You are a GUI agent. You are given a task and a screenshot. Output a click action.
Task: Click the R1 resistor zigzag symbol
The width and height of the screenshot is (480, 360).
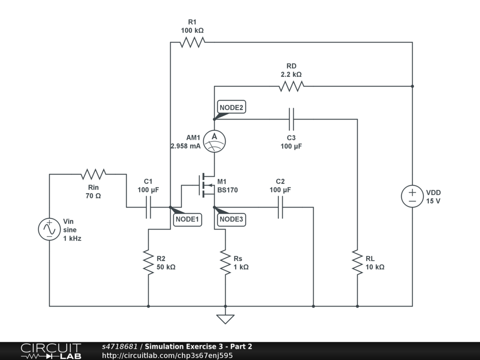[x=192, y=42]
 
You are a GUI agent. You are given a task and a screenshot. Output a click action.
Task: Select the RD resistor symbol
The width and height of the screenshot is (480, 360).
[x=292, y=86]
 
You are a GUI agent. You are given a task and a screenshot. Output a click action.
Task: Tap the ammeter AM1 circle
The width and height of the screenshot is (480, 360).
[x=214, y=141]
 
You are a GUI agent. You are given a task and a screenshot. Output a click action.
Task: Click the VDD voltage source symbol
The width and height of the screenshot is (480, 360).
[x=412, y=196]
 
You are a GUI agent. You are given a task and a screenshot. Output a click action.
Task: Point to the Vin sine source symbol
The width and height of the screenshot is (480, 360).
[x=49, y=229]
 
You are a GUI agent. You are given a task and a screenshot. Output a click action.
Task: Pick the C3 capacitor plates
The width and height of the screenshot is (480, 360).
[x=292, y=119]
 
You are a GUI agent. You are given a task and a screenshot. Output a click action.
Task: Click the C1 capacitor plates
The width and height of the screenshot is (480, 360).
[x=148, y=207]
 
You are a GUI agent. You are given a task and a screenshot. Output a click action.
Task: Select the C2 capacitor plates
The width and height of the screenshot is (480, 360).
[x=280, y=207]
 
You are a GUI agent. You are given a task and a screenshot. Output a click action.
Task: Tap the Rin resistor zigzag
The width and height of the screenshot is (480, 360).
[x=93, y=174]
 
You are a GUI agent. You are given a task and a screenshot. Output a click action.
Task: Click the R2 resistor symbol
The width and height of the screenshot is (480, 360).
[x=148, y=262]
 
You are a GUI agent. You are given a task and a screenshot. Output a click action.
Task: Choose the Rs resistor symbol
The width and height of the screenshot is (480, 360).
[x=225, y=262]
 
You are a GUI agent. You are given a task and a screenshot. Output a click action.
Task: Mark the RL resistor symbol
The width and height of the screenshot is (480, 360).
[x=357, y=262]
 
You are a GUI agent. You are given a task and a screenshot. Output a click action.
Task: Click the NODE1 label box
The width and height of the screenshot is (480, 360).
[x=187, y=219]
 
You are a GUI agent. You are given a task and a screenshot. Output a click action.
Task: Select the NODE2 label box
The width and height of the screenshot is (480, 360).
[x=232, y=107]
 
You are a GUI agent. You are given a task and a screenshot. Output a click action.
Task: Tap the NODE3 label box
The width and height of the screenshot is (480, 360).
[x=232, y=219]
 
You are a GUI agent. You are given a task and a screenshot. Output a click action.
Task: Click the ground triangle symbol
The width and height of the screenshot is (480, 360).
[x=225, y=319]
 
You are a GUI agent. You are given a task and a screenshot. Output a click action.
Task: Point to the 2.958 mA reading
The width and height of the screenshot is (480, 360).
[x=186, y=146]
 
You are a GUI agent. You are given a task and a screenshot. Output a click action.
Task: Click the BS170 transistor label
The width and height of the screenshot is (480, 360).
[x=227, y=190]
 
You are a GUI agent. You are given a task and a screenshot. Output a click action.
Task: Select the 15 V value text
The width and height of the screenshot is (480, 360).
[x=433, y=201]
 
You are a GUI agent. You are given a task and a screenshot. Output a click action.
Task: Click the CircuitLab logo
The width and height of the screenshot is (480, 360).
[x=51, y=351]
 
